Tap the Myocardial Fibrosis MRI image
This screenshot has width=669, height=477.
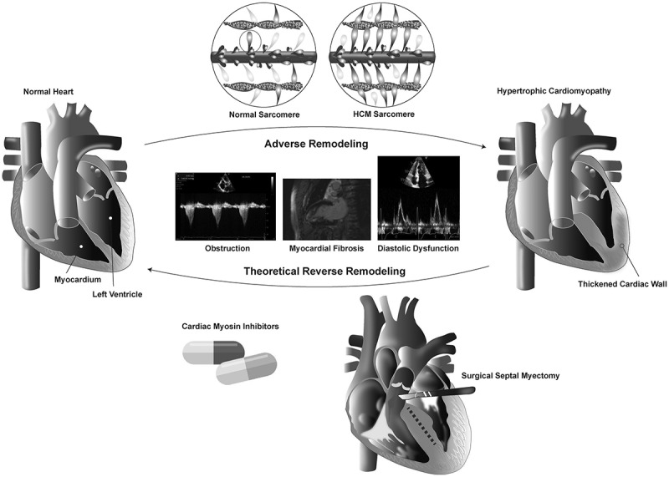point(326,210)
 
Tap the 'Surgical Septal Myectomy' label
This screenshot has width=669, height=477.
point(511,377)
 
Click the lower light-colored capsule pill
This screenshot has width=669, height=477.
point(247,369)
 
